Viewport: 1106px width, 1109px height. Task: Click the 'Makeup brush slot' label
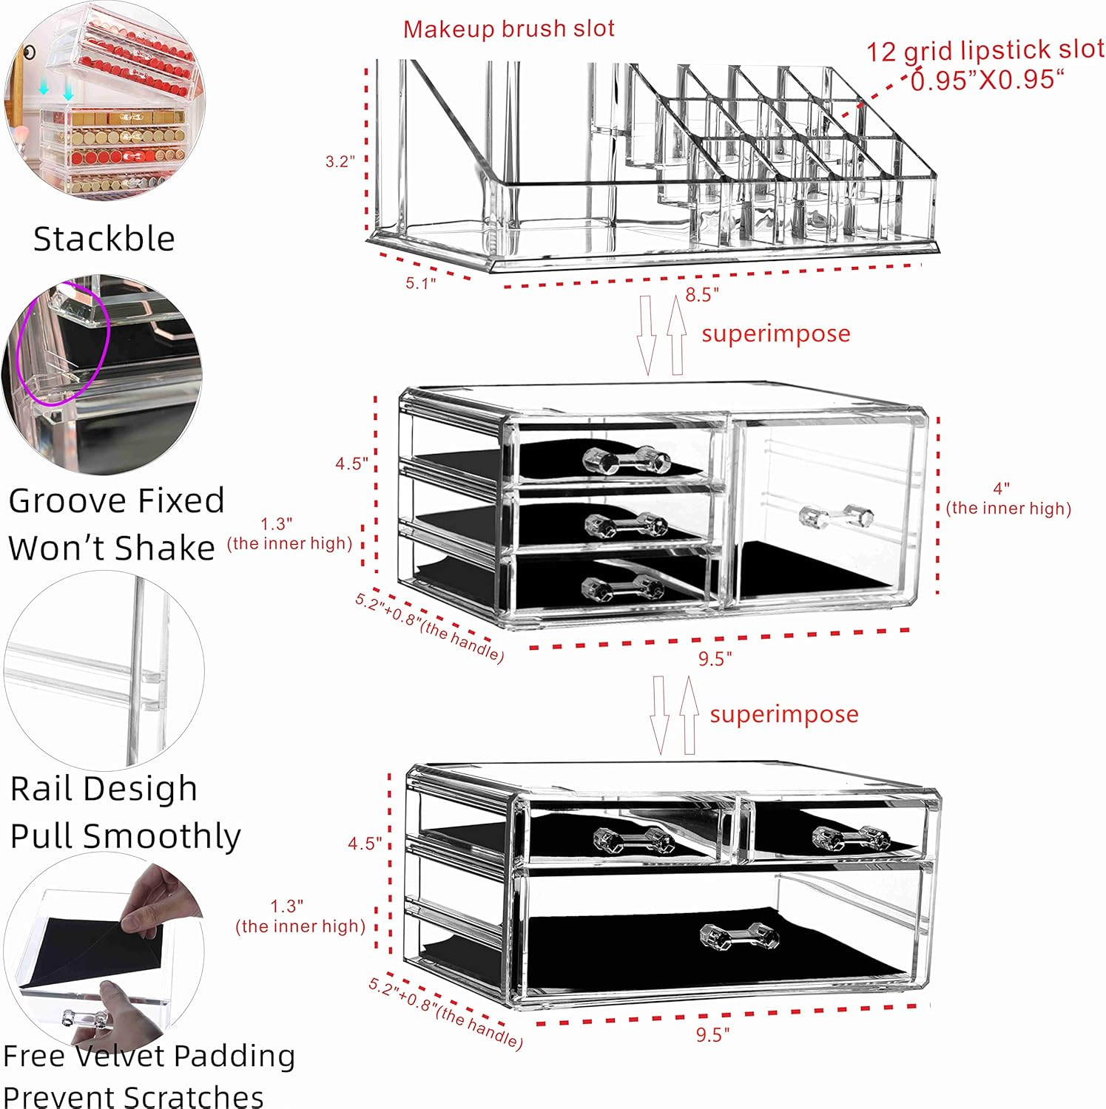pyautogui.click(x=508, y=29)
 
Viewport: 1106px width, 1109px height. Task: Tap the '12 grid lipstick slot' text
pyautogui.click(x=984, y=50)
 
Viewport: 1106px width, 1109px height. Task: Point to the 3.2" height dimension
pyautogui.click(x=340, y=161)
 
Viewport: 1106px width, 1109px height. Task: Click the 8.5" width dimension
pyautogui.click(x=701, y=295)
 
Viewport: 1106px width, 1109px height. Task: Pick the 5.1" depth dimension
pyautogui.click(x=420, y=282)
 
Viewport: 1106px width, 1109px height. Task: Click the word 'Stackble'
pyautogui.click(x=104, y=239)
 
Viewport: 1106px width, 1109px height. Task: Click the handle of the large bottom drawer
pyautogui.click(x=739, y=936)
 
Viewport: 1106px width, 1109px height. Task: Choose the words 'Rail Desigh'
pyautogui.click(x=104, y=788)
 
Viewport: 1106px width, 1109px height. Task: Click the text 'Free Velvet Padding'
pyautogui.click(x=149, y=1055)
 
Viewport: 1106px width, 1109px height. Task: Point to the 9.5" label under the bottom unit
pyautogui.click(x=712, y=1034)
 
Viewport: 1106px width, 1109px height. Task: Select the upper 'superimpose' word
pyautogui.click(x=775, y=333)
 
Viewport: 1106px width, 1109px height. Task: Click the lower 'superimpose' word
pyautogui.click(x=783, y=714)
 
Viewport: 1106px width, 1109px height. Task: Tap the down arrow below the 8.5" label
pyautogui.click(x=646, y=334)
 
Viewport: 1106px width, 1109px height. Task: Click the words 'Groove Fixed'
pyautogui.click(x=116, y=501)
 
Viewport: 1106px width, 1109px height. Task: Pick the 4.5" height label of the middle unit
pyautogui.click(x=351, y=464)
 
